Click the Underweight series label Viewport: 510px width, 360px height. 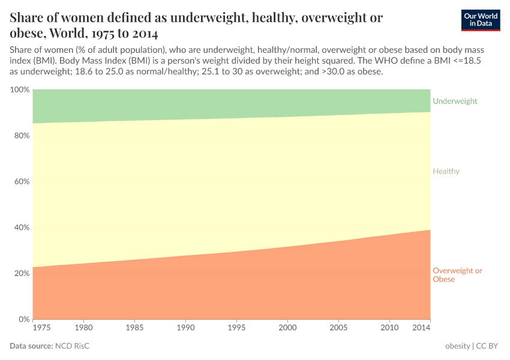[x=455, y=101]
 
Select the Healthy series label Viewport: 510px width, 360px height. [x=446, y=171]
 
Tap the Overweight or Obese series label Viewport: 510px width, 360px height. [x=457, y=275]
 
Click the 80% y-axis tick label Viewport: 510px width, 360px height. [x=21, y=136]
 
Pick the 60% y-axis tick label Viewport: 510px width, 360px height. [x=21, y=181]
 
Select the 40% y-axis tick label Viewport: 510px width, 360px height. [x=21, y=227]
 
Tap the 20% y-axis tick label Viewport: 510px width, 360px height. [x=21, y=273]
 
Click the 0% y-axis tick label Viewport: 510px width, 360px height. [x=23, y=319]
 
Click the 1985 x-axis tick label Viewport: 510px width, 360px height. [x=135, y=328]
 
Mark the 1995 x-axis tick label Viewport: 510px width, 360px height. [x=237, y=328]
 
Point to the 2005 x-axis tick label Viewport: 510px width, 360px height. [x=339, y=328]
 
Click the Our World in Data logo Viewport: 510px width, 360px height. [x=480, y=20]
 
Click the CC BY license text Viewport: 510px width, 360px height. [x=488, y=346]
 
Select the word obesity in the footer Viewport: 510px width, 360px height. [x=458, y=346]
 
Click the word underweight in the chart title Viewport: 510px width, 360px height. [x=200, y=17]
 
